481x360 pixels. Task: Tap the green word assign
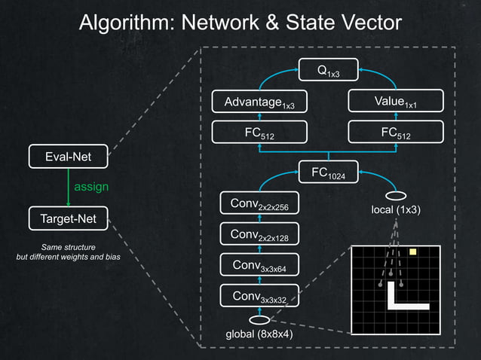(x=91, y=186)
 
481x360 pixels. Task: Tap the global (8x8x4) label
(x=259, y=334)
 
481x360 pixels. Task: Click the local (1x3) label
(x=397, y=209)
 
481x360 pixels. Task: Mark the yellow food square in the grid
(x=412, y=252)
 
